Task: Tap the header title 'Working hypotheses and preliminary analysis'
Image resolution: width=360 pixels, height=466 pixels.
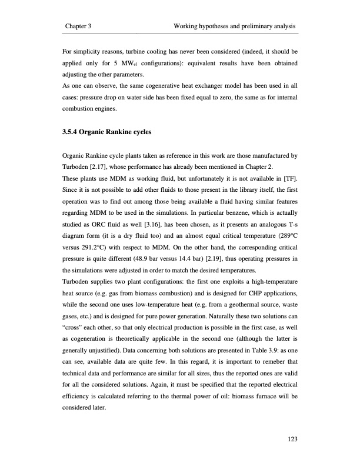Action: click(x=235, y=27)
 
